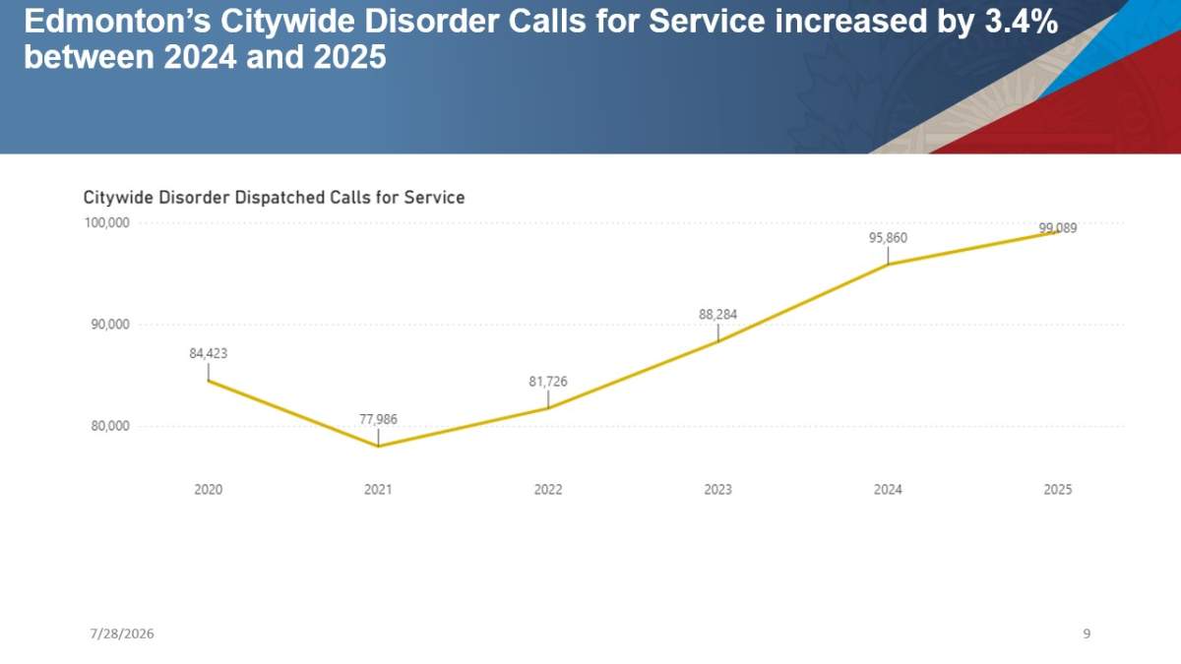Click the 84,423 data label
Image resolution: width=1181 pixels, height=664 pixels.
209,353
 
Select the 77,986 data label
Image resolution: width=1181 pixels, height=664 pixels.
378,419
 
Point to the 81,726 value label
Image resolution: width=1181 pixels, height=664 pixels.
548,382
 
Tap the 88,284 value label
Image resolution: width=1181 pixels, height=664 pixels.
718,315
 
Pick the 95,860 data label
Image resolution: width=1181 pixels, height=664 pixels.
889,238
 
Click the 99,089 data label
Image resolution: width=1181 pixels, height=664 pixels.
1058,228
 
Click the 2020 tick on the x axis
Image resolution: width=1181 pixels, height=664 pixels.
209,490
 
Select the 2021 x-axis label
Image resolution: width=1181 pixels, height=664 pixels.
378,490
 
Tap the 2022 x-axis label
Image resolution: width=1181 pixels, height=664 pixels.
548,490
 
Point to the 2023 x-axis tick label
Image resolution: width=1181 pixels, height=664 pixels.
718,490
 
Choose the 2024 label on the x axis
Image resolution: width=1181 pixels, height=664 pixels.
889,490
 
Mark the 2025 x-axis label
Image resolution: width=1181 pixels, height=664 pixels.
1058,490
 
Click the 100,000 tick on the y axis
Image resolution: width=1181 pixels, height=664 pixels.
107,223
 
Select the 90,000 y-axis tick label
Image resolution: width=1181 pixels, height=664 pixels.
110,325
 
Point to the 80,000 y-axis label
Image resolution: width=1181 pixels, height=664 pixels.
110,426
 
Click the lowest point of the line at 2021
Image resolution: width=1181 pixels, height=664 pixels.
378,447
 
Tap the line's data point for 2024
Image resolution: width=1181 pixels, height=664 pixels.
889,264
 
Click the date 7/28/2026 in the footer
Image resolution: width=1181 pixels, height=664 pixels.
122,634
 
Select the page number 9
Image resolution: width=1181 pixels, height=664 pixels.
1087,634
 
